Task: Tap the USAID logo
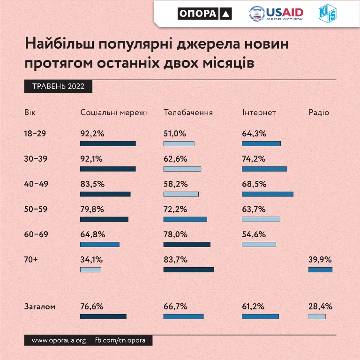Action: [x=277, y=14]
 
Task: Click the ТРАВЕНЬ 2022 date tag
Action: [x=58, y=87]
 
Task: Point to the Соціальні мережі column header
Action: [x=113, y=113]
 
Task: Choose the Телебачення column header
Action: [x=188, y=113]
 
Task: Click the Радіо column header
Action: [x=319, y=113]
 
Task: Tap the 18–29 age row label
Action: [x=35, y=134]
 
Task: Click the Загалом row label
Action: [x=39, y=307]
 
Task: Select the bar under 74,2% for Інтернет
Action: [x=264, y=169]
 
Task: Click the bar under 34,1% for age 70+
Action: [x=90, y=270]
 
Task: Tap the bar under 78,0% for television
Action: [x=187, y=244]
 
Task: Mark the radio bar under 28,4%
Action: [x=317, y=317]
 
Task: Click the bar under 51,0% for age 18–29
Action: [x=179, y=143]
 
